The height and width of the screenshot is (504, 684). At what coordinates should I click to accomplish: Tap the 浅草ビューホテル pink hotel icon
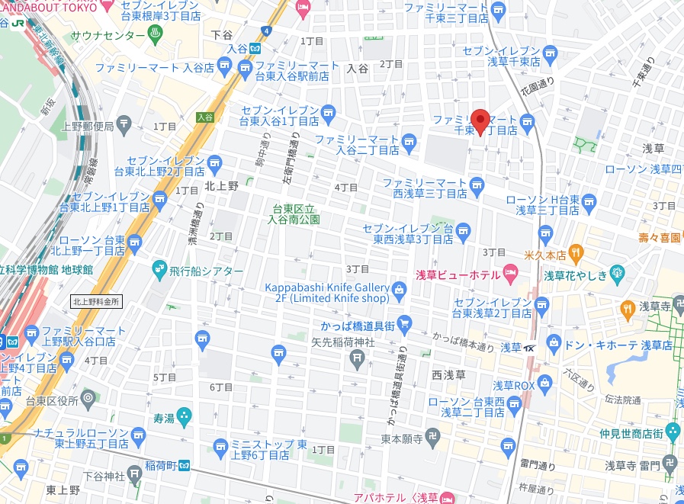pyautogui.click(x=510, y=274)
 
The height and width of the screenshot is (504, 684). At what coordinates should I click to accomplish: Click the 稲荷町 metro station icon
pyautogui.click(x=185, y=465)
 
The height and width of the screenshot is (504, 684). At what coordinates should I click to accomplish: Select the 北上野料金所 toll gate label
pyautogui.click(x=96, y=301)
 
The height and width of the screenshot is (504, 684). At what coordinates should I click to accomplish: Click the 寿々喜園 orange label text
pyautogui.click(x=659, y=238)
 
